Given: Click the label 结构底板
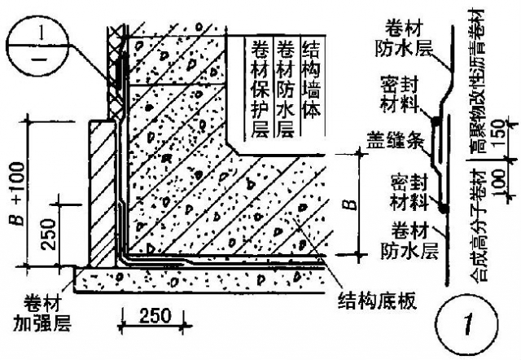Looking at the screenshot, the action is [378, 301].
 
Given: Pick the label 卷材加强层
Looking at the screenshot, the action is [42, 314].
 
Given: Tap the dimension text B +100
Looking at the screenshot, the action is [17, 194].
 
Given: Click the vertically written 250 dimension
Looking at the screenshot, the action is [49, 235].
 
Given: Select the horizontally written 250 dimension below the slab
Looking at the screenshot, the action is [155, 315].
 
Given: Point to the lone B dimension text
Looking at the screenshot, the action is [350, 204].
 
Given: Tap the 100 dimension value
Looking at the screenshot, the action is [500, 182].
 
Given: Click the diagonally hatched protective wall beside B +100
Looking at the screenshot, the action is [103, 194].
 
